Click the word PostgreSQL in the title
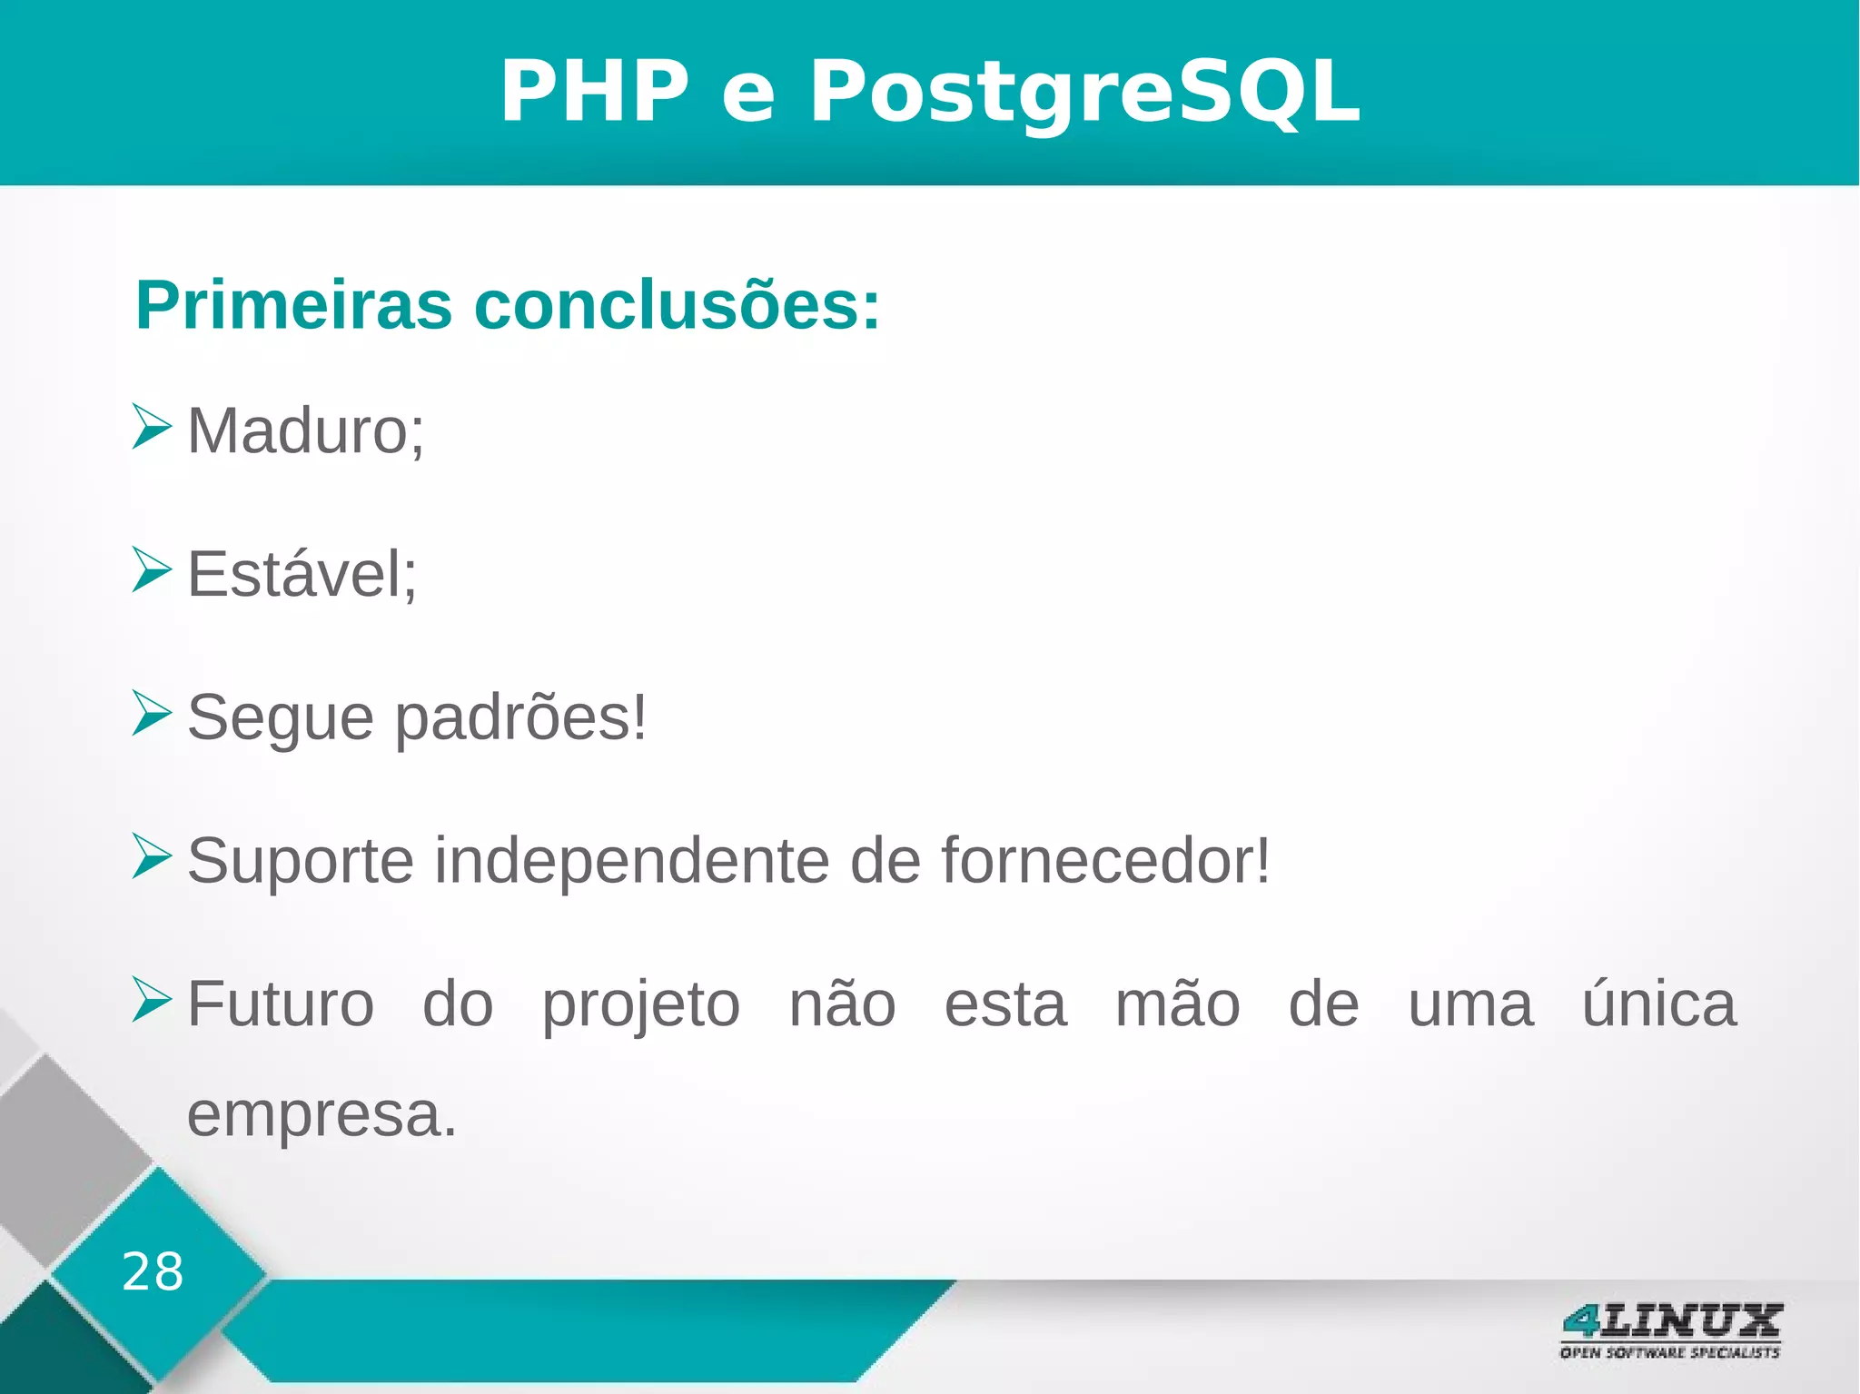click(1084, 92)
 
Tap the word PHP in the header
click(595, 92)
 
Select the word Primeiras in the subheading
click(293, 305)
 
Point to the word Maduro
click(305, 430)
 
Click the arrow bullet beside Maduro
click(151, 427)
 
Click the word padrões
click(521, 718)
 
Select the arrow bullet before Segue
click(151, 713)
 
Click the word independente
click(631, 860)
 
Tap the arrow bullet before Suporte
click(151, 855)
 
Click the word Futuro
click(280, 1004)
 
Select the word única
click(1658, 1004)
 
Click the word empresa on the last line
click(322, 1115)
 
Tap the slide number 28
click(153, 1271)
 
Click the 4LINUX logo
click(1670, 1330)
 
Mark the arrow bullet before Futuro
click(151, 999)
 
